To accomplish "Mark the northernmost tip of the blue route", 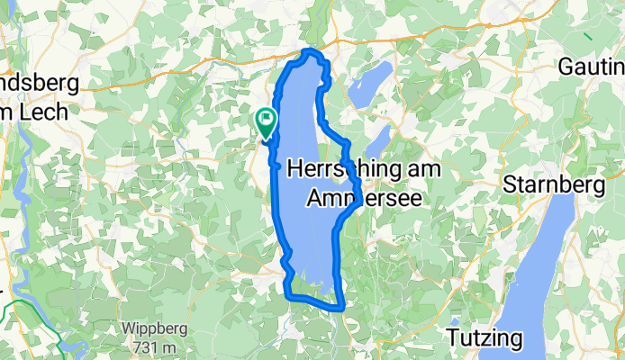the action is point(312,51).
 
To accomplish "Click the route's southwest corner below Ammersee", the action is point(287,293).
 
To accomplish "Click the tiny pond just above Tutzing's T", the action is point(455,321).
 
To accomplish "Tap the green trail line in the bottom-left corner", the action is point(27,310).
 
